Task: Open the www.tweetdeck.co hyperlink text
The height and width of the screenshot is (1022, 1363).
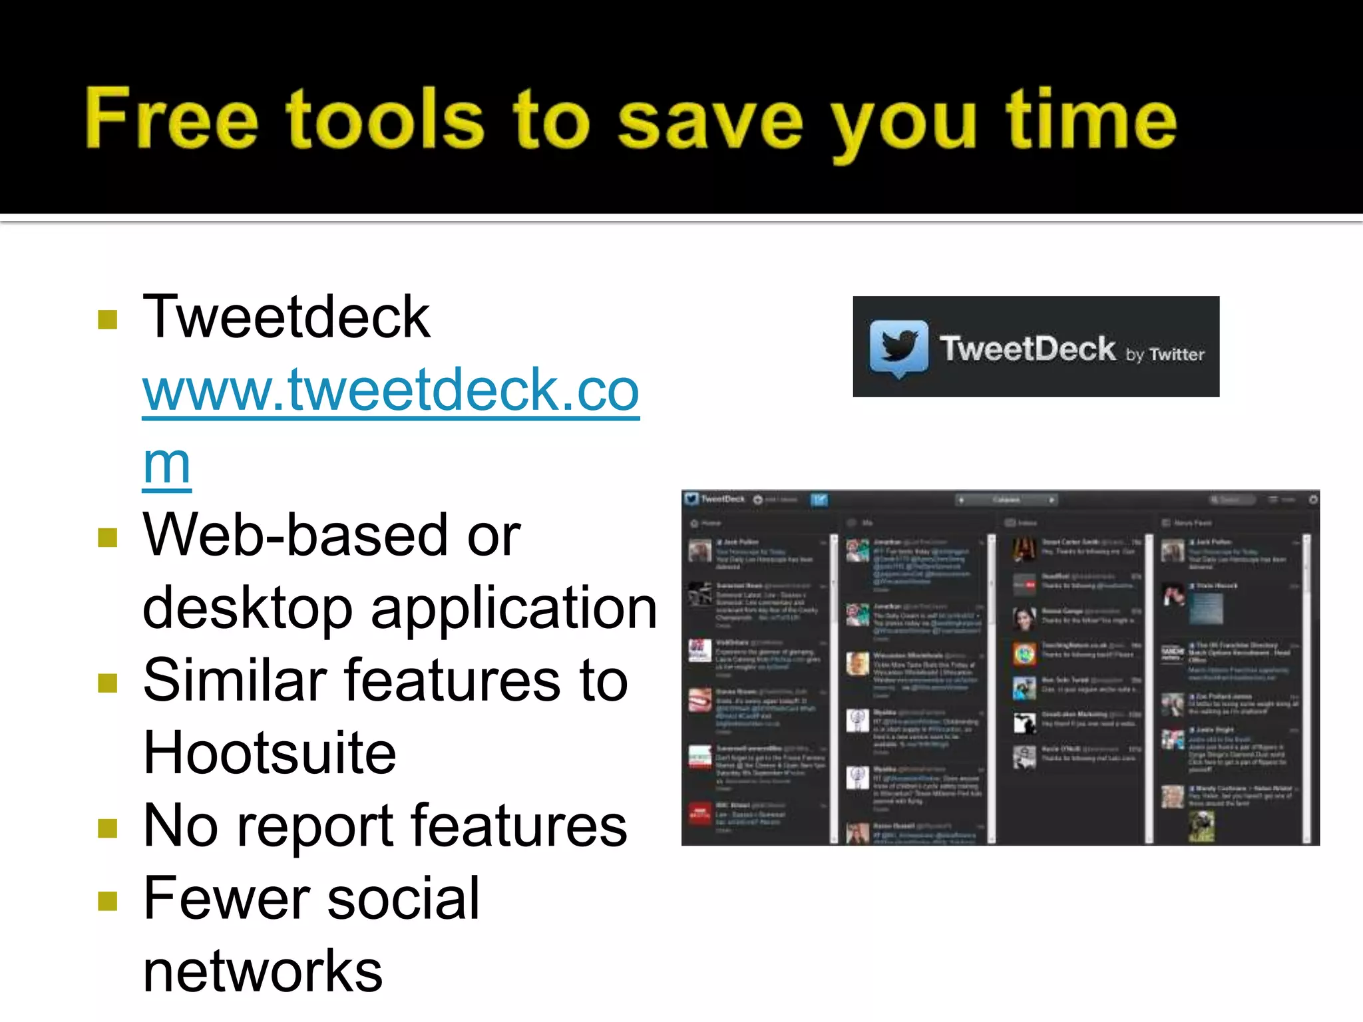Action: (391, 391)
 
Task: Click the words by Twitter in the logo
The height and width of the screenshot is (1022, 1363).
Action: (1165, 354)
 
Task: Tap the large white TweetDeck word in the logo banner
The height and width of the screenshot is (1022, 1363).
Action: (1027, 348)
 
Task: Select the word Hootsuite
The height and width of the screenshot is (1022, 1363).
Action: (270, 753)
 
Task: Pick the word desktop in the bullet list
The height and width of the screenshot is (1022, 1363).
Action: (247, 608)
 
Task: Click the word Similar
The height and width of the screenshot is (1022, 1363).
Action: (234, 680)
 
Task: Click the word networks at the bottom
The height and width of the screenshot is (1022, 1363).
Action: (263, 971)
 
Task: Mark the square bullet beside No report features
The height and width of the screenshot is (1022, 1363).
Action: (107, 828)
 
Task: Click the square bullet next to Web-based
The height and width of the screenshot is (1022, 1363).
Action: (107, 537)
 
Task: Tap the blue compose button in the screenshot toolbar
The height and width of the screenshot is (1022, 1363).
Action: (819, 500)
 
